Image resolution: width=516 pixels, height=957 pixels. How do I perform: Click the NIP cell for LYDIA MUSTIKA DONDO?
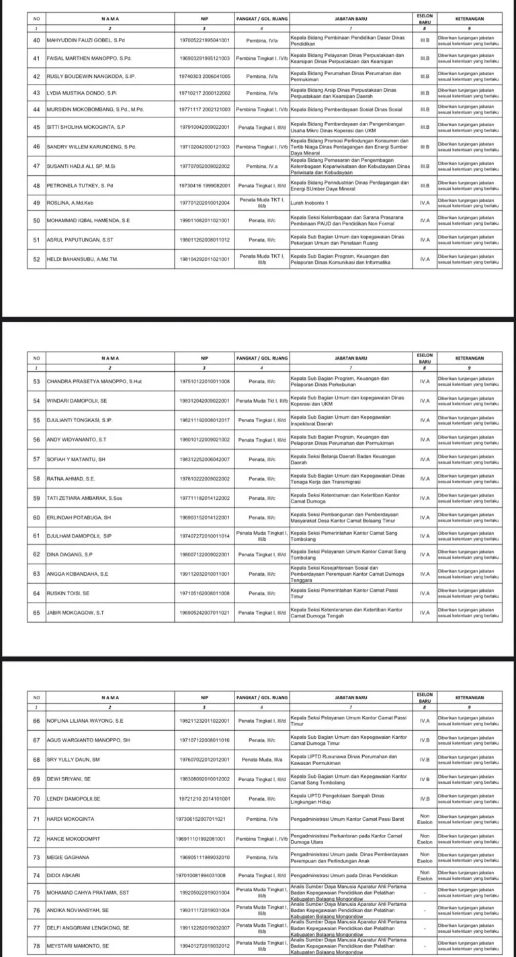pos(205,93)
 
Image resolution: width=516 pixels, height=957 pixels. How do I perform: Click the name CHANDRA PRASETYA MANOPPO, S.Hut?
pos(91,382)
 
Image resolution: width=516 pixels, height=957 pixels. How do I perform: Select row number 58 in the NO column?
pos(36,479)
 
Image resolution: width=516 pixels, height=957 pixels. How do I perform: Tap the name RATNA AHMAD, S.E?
pos(71,479)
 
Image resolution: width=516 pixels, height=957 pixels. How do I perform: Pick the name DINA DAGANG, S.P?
pos(71,554)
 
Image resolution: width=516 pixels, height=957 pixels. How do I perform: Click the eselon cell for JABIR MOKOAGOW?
pos(425,613)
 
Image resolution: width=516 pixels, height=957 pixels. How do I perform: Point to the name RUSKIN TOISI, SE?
pos(68,593)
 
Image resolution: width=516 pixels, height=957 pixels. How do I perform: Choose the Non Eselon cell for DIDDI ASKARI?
pos(425,876)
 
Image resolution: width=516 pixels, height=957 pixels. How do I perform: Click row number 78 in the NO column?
pos(36,945)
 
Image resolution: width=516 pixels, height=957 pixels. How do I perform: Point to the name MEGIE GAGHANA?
pos(68,858)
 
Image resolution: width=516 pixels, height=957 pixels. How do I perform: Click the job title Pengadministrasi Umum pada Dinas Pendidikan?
pos(343,876)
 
